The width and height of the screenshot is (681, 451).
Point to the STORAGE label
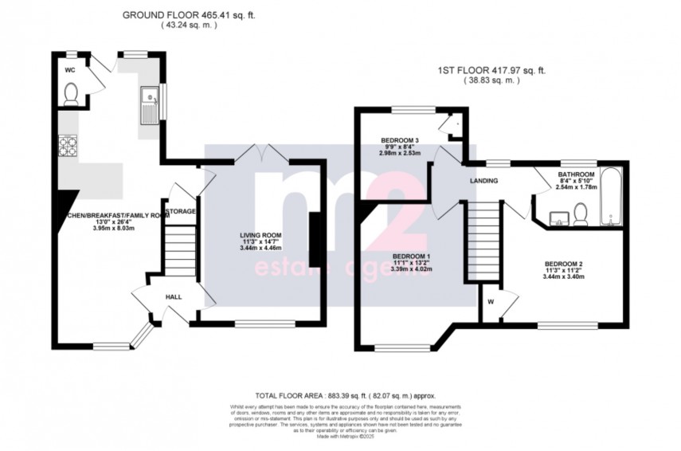181,211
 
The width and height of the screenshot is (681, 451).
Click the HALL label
173,297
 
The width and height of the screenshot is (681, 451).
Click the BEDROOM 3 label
399,141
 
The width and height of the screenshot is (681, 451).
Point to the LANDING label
483,181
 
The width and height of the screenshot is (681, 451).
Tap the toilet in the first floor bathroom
581,212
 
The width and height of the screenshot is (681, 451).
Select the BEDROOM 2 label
564,264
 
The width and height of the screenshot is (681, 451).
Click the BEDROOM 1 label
411,255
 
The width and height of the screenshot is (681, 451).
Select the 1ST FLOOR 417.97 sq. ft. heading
491,70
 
